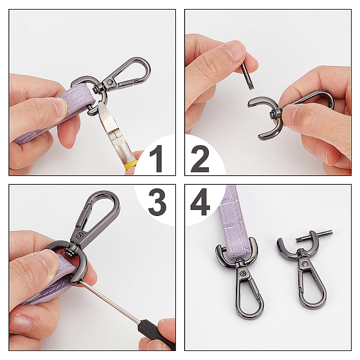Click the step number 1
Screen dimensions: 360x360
coord(157,158)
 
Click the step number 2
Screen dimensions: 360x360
coord(200,158)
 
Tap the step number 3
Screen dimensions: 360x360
coord(157,202)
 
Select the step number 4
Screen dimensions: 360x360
coord(200,202)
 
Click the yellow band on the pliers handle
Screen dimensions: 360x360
coord(131,165)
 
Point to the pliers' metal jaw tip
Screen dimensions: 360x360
coord(100,104)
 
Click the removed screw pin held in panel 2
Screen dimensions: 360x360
coord(247,76)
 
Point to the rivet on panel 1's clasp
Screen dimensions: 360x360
coord(110,82)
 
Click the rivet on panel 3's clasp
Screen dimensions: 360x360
coord(79,235)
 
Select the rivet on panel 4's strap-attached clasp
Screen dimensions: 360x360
coord(242,273)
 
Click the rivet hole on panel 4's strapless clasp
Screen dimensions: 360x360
coord(305,263)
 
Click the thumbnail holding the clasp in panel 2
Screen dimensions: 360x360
coord(290,115)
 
